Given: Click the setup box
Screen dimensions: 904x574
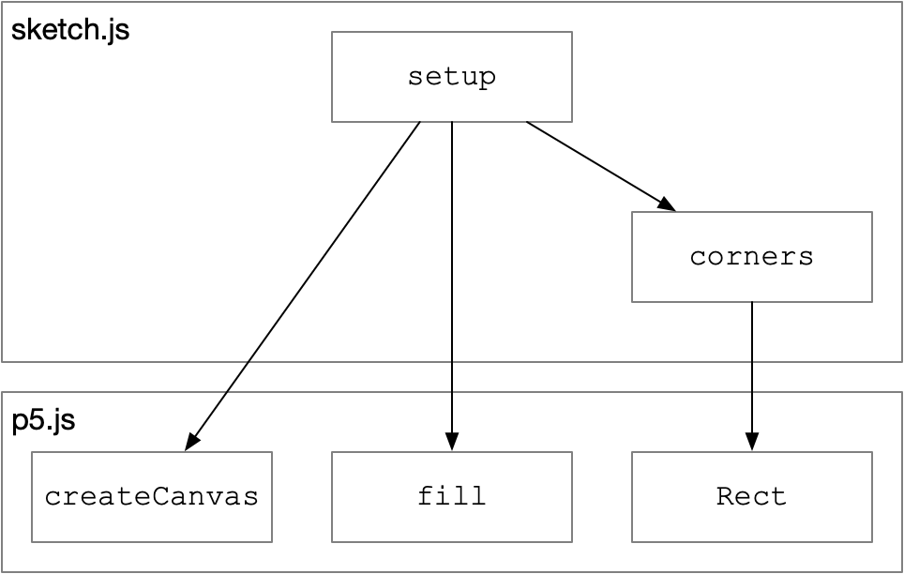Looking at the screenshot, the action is pos(451,77).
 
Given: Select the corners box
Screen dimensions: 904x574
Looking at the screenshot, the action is pos(752,257).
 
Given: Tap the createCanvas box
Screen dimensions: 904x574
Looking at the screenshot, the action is pos(152,497).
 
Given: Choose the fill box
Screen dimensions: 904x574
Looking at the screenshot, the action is pos(451,497).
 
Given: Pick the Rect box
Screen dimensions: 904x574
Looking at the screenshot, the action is pos(752,497).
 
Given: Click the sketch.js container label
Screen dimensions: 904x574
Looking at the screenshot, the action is pos(70,29).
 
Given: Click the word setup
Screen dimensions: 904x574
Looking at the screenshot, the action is pos(451,77).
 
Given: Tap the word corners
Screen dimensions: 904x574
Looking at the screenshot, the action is pos(752,257).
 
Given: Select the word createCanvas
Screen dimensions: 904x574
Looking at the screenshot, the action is pos(152,497).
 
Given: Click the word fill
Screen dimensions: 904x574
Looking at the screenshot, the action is pos(451,496).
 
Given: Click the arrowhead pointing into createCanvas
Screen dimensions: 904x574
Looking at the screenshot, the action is pos(191,443).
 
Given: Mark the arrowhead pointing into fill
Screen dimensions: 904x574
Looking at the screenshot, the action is pos(452,442).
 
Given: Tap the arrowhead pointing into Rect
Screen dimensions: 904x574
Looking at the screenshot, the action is pos(752,442).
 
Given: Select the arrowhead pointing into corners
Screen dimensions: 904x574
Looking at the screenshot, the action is pos(667,204).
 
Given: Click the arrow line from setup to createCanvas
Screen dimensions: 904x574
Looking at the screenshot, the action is pos(303,286).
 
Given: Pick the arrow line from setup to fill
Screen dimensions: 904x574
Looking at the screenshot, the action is pos(452,286).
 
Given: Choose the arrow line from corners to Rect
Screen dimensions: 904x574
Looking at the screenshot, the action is pos(752,376).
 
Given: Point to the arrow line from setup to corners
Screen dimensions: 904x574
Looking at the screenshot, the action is pos(601,167).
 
